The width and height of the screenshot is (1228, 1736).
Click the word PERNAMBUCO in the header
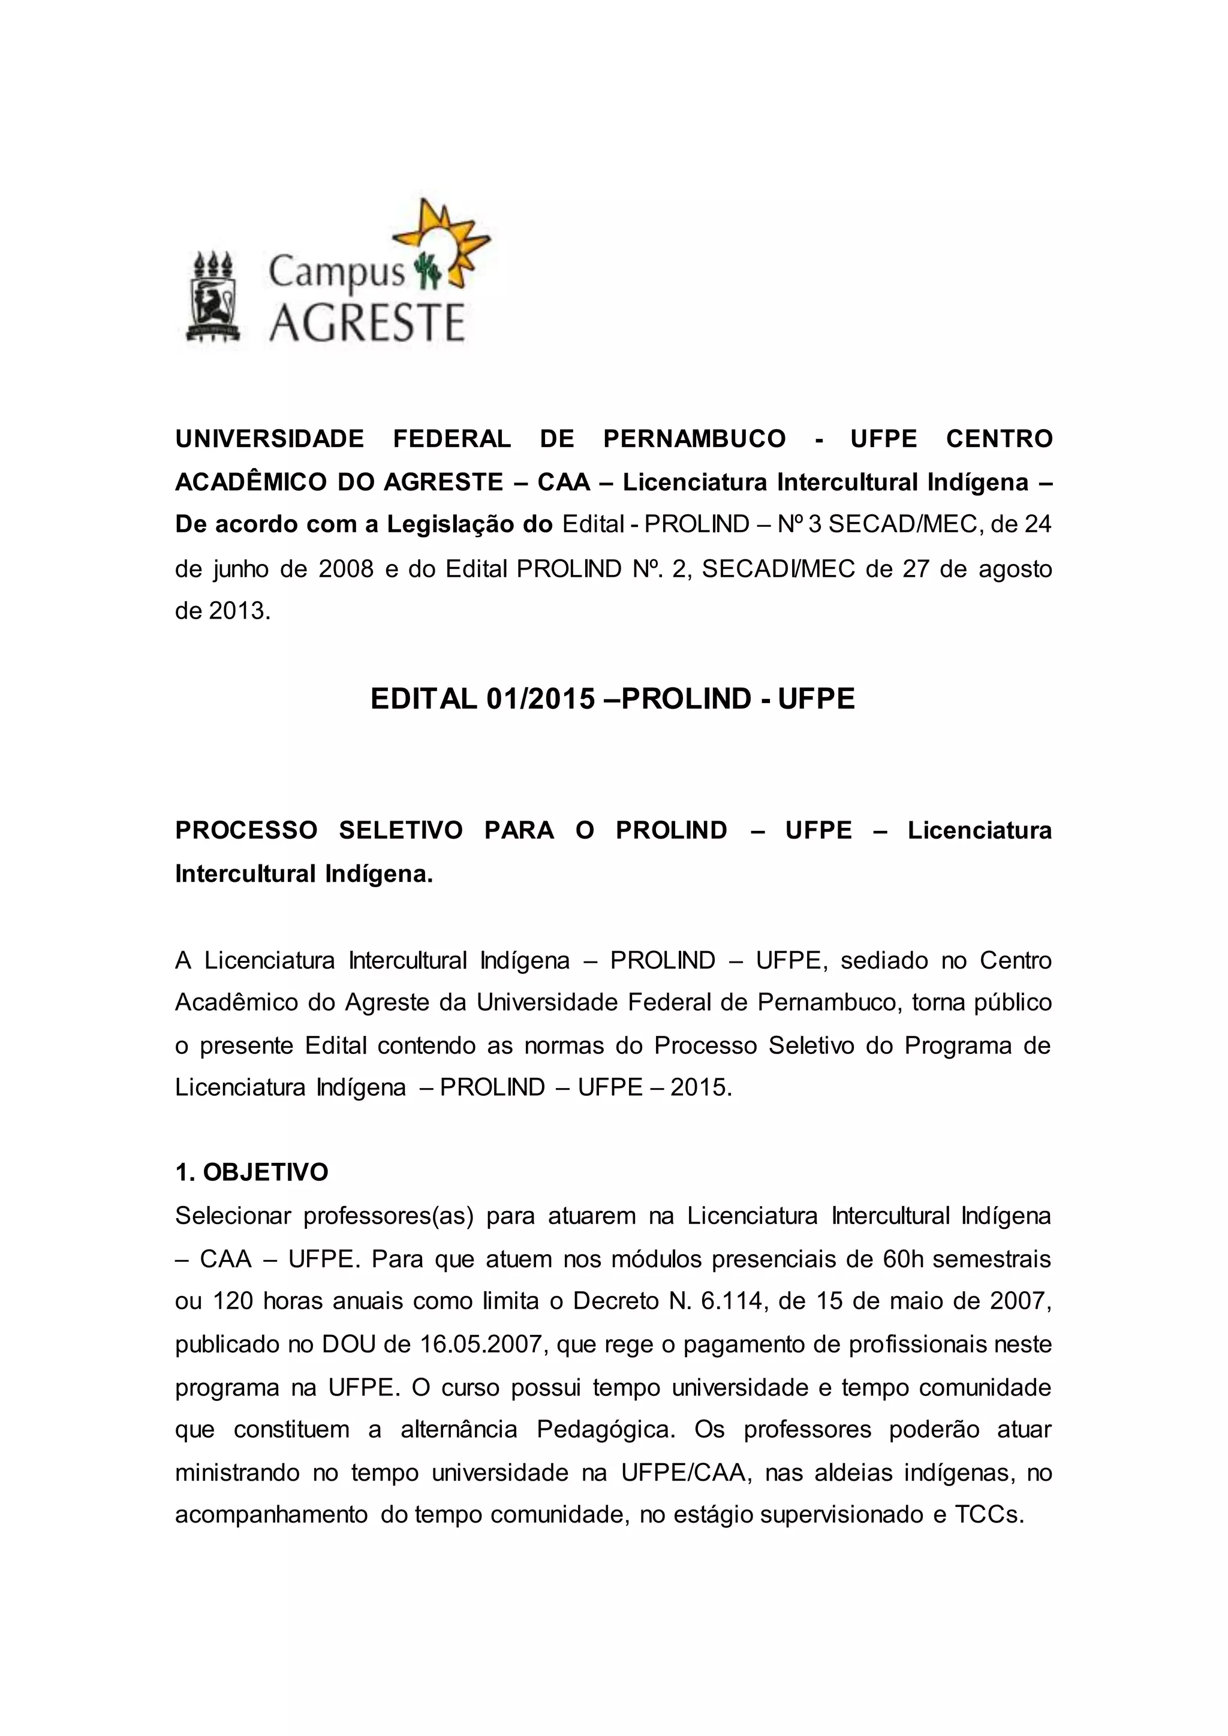694,439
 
